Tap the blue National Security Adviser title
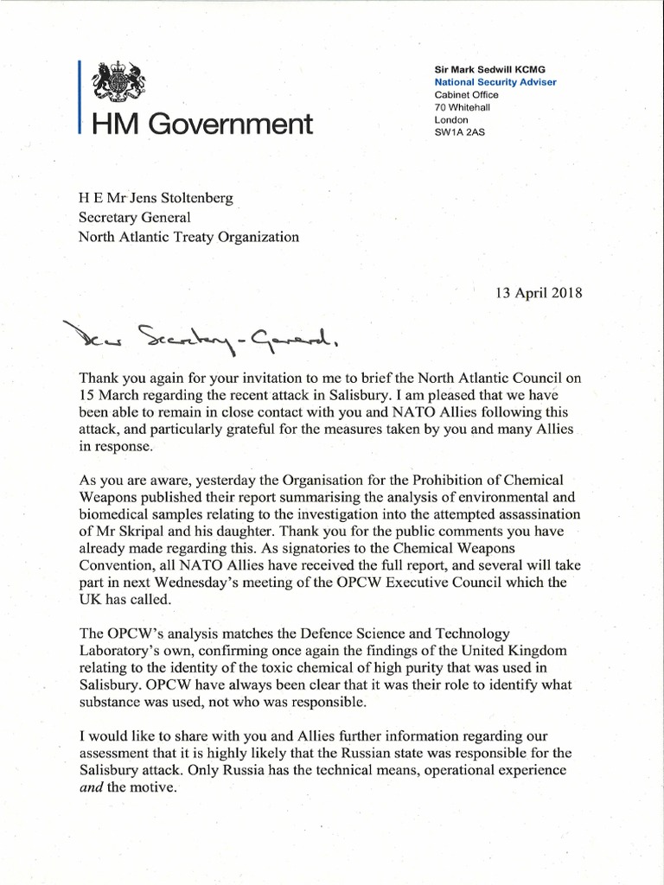[x=495, y=82]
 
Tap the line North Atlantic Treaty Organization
[x=189, y=237]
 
